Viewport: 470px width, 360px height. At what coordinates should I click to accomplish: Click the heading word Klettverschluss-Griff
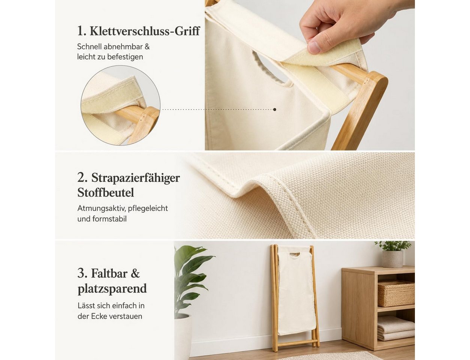click(145, 31)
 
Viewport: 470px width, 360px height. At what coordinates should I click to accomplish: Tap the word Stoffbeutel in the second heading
click(106, 192)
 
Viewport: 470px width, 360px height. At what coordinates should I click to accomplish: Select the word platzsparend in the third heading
click(112, 289)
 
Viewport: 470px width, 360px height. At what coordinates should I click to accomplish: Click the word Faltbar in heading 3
click(109, 273)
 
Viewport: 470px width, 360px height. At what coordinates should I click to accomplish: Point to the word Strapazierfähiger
click(136, 178)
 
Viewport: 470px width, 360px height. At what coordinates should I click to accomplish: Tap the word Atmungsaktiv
click(102, 208)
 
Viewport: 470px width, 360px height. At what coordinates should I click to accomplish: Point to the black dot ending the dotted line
click(275, 109)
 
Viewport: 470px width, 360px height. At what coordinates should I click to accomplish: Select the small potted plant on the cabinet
click(392, 254)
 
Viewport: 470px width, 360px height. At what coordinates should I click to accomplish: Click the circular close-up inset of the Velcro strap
click(120, 105)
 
